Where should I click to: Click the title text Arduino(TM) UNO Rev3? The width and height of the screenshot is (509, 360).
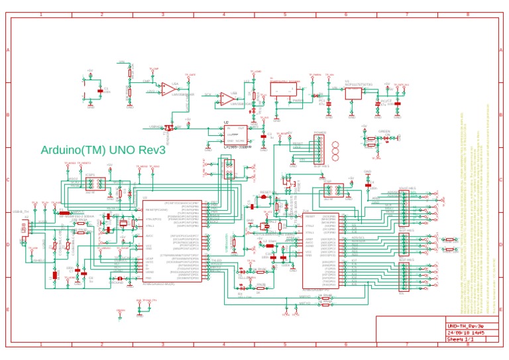click(x=103, y=150)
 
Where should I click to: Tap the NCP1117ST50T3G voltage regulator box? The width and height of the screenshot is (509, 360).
click(x=353, y=93)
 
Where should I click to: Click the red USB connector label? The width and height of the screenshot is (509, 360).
click(x=25, y=228)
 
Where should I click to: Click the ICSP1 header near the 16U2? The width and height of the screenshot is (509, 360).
click(x=91, y=184)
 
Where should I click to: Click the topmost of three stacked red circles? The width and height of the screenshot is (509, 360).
click(x=335, y=144)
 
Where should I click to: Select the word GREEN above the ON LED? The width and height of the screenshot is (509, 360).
click(x=383, y=132)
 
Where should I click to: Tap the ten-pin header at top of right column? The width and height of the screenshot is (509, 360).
click(x=402, y=201)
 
